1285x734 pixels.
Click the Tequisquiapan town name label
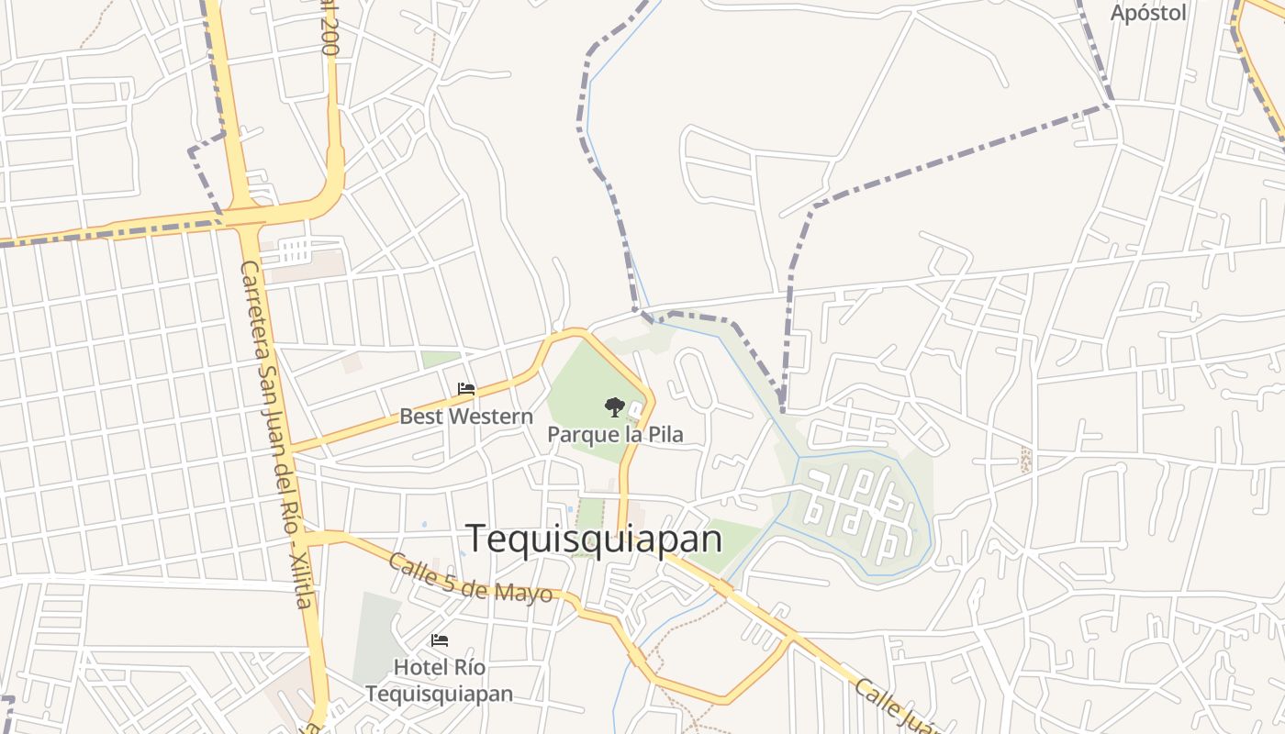(594, 539)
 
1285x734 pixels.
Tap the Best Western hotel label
(465, 417)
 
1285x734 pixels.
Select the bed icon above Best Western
(466, 389)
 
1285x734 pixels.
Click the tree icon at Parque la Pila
(614, 406)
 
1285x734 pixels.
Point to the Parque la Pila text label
(615, 434)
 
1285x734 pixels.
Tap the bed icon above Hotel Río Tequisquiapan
(440, 640)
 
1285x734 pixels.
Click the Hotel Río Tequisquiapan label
(440, 680)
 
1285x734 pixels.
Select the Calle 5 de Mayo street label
(470, 578)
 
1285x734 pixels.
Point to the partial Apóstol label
(1148, 13)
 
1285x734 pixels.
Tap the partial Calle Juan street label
(895, 706)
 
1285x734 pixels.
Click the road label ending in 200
(329, 28)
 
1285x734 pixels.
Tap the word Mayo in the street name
(527, 593)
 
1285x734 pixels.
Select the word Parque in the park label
(582, 434)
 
